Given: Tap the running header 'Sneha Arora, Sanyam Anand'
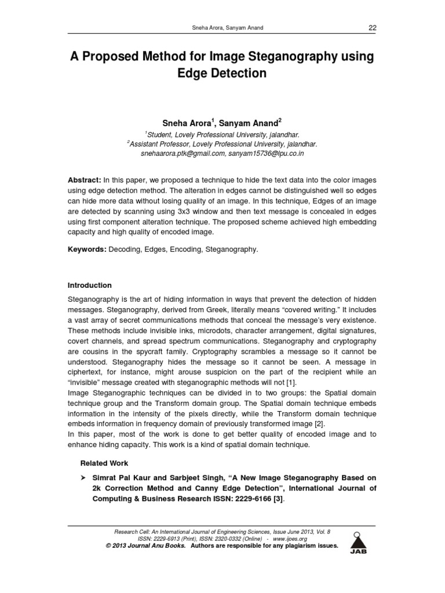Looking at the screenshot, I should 222,28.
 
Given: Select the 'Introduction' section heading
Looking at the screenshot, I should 90,285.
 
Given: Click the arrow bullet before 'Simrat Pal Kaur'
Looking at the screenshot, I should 83,478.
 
